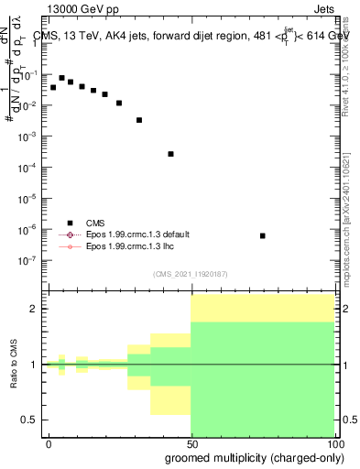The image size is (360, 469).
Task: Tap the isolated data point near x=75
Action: [263, 235]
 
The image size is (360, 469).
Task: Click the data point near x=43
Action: [170, 154]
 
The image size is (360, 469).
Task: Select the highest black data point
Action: [61, 78]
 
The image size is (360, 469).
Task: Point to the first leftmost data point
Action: [53, 87]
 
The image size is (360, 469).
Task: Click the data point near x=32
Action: [139, 120]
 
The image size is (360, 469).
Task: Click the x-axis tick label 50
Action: [191, 442]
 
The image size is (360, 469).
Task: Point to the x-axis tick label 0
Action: [49, 442]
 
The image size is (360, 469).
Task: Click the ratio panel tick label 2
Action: [35, 309]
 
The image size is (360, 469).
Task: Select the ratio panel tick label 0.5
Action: [30, 420]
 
